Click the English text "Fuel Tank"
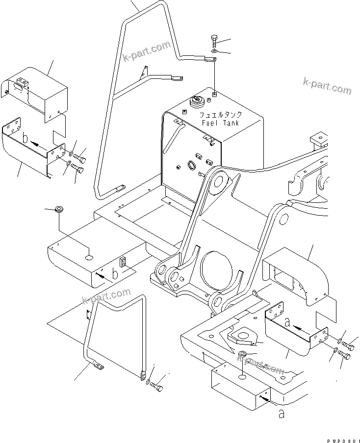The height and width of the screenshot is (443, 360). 220,123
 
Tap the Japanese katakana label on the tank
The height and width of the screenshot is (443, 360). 220,115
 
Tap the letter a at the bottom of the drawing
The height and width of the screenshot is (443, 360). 281,414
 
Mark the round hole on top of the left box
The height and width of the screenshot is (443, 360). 88,256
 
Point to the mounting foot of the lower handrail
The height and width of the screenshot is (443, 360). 96,365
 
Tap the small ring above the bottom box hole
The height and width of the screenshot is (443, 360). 243,355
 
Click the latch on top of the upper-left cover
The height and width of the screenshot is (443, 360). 23,84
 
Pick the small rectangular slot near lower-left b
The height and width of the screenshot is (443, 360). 124,262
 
